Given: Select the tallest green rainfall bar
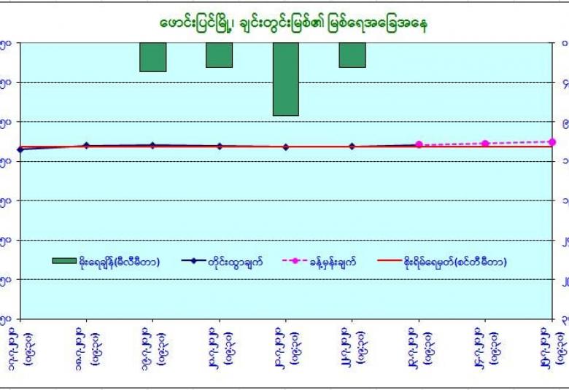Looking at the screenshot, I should coord(285,79).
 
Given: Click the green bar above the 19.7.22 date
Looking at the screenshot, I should coord(153,57).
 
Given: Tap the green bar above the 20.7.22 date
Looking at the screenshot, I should coord(219,55).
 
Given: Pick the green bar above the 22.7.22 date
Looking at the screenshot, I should coord(352,55).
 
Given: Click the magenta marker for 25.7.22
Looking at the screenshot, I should coord(552,142).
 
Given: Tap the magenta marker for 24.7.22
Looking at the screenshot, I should coord(485,144).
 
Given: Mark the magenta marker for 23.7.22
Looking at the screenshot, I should coord(419,144).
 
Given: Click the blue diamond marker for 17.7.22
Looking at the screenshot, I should coord(20,149).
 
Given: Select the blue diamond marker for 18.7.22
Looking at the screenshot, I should coord(87,145).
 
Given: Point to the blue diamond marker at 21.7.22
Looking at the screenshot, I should coord(285,147).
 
